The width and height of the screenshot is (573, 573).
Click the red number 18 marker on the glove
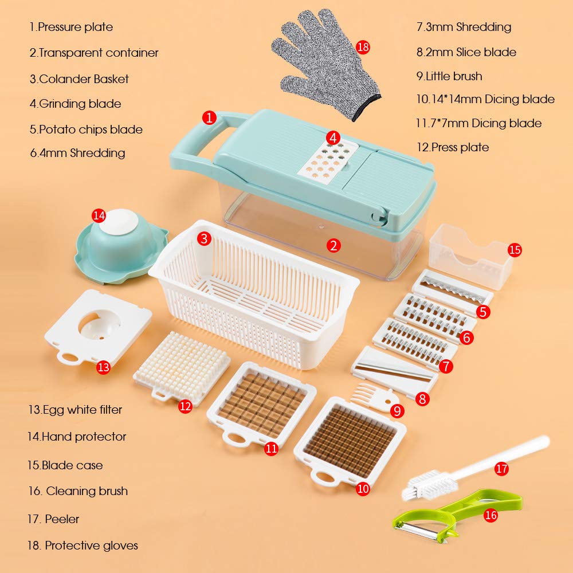pyautogui.click(x=363, y=47)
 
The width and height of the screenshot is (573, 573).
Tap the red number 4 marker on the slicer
pyautogui.click(x=333, y=138)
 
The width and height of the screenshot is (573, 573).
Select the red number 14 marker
pyautogui.click(x=99, y=215)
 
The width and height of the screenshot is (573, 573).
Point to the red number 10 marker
pyautogui.click(x=363, y=489)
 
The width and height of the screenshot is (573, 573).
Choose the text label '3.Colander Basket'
pyautogui.click(x=79, y=79)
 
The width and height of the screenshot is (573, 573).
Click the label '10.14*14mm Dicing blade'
pyautogui.click(x=485, y=99)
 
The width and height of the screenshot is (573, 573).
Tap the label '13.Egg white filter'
pyautogui.click(x=75, y=410)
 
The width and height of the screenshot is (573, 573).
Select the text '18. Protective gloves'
pyautogui.click(x=83, y=545)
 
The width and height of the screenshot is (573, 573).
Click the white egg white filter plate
pyautogui.click(x=98, y=327)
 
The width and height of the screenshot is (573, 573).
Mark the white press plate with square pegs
pyautogui.click(x=182, y=367)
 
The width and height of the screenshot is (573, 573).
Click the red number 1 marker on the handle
pyautogui.click(x=209, y=117)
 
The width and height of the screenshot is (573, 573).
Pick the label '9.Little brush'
pyautogui.click(x=449, y=76)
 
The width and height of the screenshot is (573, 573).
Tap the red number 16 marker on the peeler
pyautogui.click(x=490, y=515)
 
